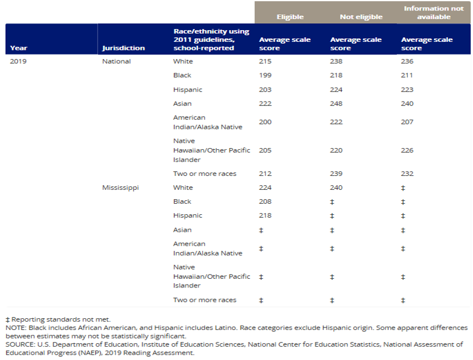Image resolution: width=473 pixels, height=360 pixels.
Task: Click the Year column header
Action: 19,48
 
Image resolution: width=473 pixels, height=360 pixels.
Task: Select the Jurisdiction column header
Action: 123,48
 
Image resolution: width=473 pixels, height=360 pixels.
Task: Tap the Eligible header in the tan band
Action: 290,17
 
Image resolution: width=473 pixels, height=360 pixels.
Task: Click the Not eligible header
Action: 361,17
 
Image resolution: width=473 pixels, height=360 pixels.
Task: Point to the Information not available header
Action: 434,13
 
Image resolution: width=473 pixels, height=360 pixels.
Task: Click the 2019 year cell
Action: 18,61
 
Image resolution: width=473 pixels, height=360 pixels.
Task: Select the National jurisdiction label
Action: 116,61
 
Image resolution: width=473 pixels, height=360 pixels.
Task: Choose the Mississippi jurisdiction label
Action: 120,188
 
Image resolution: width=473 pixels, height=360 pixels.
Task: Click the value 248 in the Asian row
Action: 336,103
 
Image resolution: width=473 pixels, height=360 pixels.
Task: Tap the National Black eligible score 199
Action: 265,75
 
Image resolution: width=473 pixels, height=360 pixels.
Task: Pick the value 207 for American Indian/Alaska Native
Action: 407,122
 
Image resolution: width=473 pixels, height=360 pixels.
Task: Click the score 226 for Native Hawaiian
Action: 407,150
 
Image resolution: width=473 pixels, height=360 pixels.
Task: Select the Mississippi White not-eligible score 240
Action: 336,188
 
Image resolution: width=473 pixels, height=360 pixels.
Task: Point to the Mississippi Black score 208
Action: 265,201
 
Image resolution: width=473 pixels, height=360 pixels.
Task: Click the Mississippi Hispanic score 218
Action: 265,215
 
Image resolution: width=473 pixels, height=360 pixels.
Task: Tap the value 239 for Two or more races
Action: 336,174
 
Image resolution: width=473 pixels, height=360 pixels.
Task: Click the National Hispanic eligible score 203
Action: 265,89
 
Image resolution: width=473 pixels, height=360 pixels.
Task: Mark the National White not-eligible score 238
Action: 336,61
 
